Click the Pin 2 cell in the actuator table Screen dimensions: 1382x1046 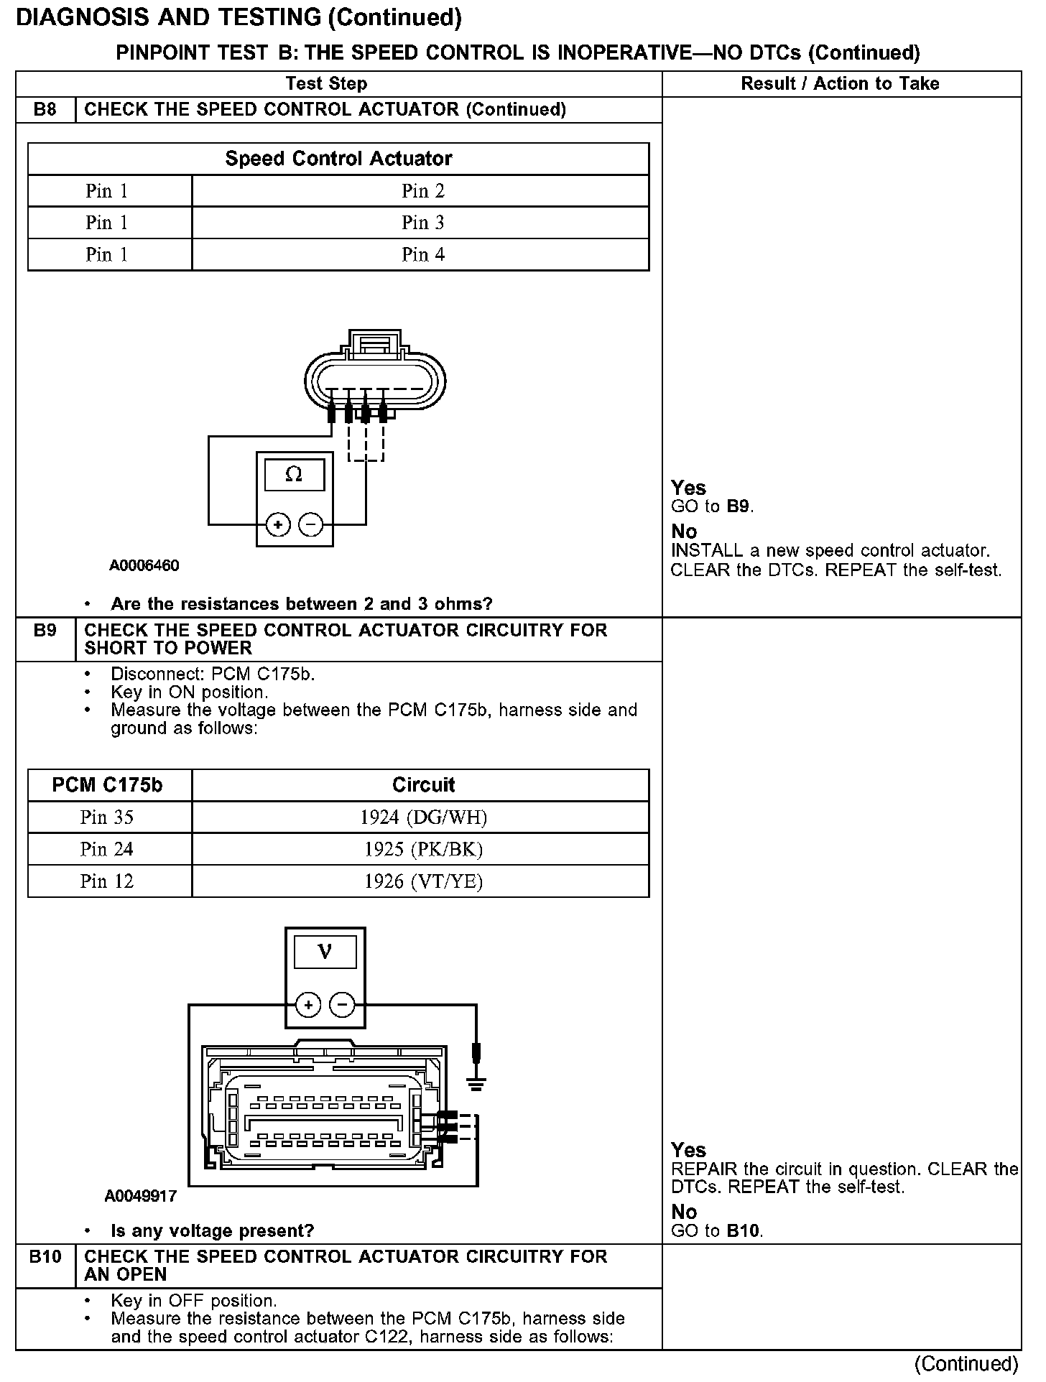422,191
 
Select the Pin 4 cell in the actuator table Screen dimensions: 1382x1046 422,254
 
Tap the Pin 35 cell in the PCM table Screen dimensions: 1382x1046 107,817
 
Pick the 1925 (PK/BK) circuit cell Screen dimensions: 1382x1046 423,849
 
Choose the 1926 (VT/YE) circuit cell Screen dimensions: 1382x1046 423,881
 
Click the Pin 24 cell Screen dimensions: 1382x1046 107,849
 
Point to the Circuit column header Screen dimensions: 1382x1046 423,785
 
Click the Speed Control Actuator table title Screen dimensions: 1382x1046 338,159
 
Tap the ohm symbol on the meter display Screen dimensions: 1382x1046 294,474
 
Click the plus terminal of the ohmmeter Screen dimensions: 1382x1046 278,525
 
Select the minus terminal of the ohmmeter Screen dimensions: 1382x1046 310,525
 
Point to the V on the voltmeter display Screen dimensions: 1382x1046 325,952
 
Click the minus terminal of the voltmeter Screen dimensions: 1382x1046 342,1004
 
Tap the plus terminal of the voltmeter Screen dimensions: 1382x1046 308,1004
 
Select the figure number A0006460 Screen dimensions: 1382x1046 144,565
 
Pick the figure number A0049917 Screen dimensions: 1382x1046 141,1196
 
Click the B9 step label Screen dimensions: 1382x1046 45,631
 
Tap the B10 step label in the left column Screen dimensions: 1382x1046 45,1256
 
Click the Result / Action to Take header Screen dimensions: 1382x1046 840,84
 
